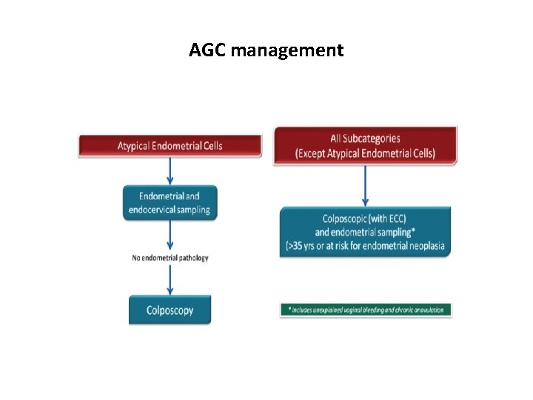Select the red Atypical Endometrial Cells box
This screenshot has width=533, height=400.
[170, 146]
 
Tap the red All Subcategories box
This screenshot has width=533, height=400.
[365, 146]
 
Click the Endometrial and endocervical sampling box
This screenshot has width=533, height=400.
[171, 203]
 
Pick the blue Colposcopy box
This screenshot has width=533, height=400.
[170, 310]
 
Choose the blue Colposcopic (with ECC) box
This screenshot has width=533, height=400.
[365, 232]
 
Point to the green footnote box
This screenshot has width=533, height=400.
[366, 310]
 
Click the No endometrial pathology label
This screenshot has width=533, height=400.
[171, 258]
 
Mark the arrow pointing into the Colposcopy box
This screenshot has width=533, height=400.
[171, 279]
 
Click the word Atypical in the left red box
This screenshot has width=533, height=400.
[134, 146]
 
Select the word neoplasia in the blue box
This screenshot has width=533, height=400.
[424, 246]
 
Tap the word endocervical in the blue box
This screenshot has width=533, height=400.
[152, 210]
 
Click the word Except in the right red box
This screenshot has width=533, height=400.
[316, 153]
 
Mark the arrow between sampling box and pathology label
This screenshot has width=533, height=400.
[171, 236]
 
